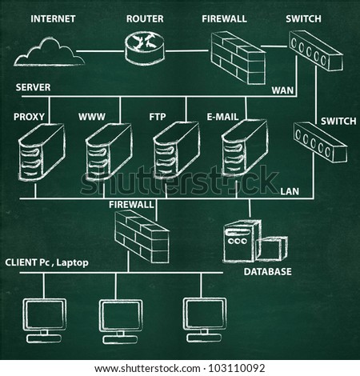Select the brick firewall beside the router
click(238, 58)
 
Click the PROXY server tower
click(42, 151)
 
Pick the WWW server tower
click(109, 151)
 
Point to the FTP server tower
click(177, 150)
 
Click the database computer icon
click(255, 241)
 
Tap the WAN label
click(282, 90)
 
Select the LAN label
click(290, 191)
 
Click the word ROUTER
click(145, 19)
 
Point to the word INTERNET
click(53, 19)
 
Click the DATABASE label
click(267, 272)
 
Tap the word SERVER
click(33, 87)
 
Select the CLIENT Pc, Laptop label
click(46, 262)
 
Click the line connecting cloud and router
click(101, 51)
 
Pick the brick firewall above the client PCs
click(142, 236)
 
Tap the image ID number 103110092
click(237, 369)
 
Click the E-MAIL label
click(222, 117)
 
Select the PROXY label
click(29, 117)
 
